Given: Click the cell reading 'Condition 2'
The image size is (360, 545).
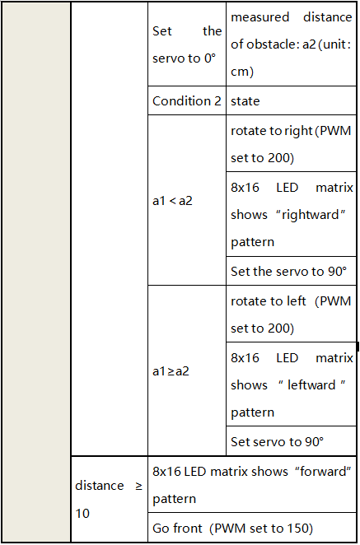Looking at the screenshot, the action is point(187,100).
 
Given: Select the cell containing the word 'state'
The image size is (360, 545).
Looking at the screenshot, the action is point(291,100).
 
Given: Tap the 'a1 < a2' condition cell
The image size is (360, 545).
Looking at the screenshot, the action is point(187,200).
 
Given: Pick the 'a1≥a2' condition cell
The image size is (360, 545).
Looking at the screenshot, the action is point(187,370).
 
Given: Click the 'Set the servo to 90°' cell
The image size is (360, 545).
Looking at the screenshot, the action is point(291,271).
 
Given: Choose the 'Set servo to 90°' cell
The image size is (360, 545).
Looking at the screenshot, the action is point(291,441).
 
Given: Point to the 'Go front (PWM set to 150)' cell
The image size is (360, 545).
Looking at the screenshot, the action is point(252,528).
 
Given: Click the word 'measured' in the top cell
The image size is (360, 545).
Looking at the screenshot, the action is point(259,17).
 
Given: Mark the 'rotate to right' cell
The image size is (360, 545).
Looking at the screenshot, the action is point(291,143).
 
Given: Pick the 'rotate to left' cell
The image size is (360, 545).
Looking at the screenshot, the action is point(291,314).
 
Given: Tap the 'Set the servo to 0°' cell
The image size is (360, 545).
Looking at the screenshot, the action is point(187,44).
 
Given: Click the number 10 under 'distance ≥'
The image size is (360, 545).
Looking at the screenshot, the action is point(82,513).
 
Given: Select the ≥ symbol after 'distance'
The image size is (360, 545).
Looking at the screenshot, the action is point(138,486).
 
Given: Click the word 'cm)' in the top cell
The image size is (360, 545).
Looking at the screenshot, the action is point(242,72).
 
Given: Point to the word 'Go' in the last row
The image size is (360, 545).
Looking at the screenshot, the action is point(161,528).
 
